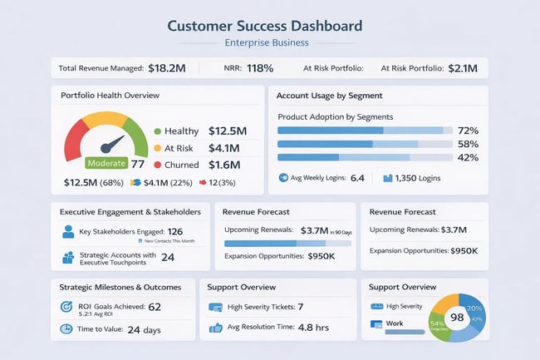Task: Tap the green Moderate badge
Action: pos(106,163)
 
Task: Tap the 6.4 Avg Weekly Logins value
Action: pos(358,178)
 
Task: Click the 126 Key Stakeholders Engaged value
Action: pos(175,232)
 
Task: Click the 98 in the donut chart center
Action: pos(456,318)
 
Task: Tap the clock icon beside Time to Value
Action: pos(66,329)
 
